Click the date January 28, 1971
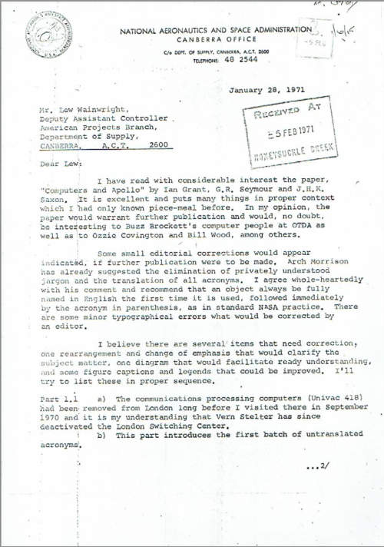coord(268,91)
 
